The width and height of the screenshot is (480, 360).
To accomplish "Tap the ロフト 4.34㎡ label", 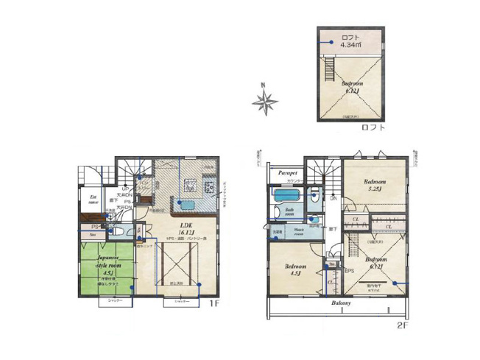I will (351, 40).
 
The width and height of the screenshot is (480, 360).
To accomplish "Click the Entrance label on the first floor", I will (94, 200).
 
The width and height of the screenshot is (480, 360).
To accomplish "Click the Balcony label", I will (339, 303).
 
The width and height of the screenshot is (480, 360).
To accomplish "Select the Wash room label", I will (302, 230).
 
